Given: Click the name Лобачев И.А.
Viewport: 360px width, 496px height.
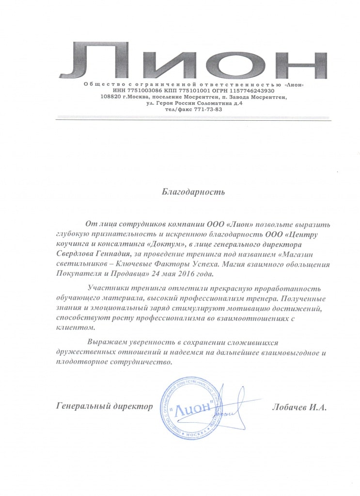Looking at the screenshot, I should [x=300, y=408].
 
